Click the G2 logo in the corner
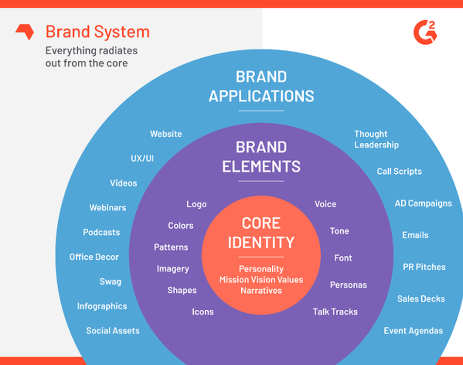(x=425, y=32)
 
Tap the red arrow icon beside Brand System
(x=25, y=32)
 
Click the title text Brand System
(x=97, y=32)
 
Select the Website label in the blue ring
(x=166, y=134)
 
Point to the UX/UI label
(x=142, y=158)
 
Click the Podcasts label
(x=101, y=233)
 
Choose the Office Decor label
(x=94, y=257)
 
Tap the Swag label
(x=110, y=281)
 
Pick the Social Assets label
(x=112, y=331)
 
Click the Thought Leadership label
(x=376, y=139)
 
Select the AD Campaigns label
(x=423, y=203)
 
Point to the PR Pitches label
(x=424, y=267)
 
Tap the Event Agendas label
(x=413, y=331)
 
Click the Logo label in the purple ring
(x=196, y=204)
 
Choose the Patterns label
(x=171, y=247)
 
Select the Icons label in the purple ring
(x=203, y=312)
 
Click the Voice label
(x=325, y=204)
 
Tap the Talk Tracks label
(x=335, y=312)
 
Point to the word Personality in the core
(x=261, y=269)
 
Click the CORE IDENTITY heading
(x=261, y=233)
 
